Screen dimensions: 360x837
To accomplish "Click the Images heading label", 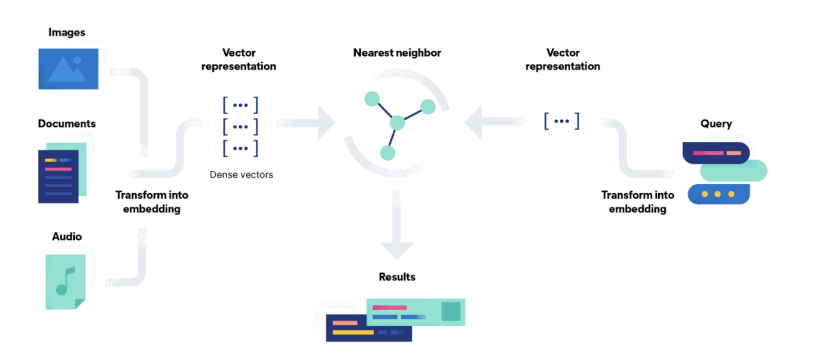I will (x=66, y=32).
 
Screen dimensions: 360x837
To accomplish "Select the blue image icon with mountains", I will (x=68, y=69).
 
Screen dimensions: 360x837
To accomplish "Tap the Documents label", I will (x=66, y=124).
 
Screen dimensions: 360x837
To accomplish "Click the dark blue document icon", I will (x=58, y=176).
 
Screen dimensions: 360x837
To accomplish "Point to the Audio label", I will (x=66, y=237).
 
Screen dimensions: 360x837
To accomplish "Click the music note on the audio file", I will (x=65, y=281).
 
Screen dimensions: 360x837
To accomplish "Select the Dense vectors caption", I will (x=241, y=175).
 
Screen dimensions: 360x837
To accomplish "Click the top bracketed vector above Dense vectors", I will (x=240, y=105).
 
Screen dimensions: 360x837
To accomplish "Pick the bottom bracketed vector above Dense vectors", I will (x=240, y=148).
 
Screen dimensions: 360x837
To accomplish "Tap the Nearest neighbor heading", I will (x=397, y=53).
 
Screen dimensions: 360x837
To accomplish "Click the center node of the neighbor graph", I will (x=397, y=123).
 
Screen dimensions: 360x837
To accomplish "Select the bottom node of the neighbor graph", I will (x=388, y=152).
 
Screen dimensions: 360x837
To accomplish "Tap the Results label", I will (x=397, y=277).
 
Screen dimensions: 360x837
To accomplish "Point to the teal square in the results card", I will (x=451, y=311).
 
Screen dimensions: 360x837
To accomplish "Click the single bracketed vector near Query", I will (x=561, y=121).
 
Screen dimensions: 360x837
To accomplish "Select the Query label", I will (x=716, y=124).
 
